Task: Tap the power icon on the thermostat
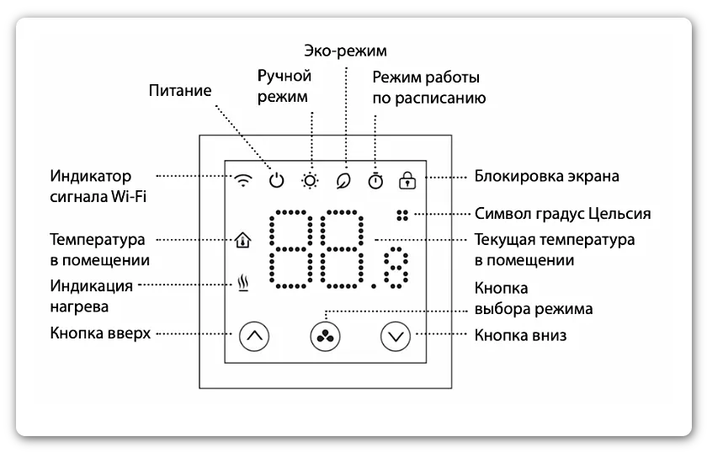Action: pos(277,179)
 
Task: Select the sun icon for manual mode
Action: pos(311,179)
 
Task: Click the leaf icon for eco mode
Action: pos(343,179)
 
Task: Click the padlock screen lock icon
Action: pos(408,179)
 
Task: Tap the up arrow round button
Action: pos(256,336)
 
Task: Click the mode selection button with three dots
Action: pos(327,336)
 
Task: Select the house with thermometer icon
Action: pos(244,240)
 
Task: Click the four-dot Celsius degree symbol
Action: pos(402,214)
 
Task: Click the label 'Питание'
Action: pos(179,90)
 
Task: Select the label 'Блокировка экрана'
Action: pos(546,177)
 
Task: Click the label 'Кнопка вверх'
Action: pos(100,333)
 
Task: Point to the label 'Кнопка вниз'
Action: pos(520,336)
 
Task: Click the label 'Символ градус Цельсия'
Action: pos(562,214)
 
